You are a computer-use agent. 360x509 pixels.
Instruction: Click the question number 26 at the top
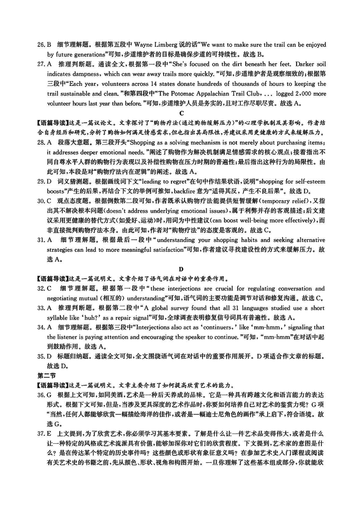tap(40, 45)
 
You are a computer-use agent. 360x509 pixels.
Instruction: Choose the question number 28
tap(40, 143)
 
